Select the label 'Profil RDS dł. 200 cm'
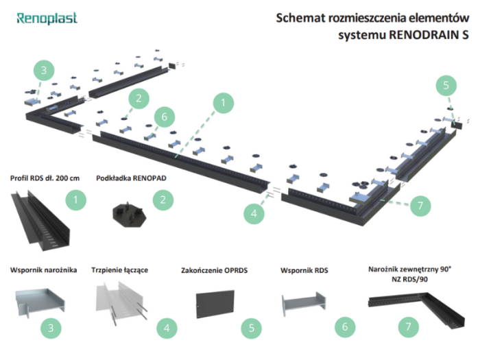click(x=45, y=178)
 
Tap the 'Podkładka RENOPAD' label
click(x=131, y=178)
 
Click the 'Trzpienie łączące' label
click(x=123, y=271)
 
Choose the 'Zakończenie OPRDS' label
click(x=213, y=271)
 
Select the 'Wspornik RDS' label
click(x=304, y=271)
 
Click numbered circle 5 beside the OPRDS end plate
click(x=252, y=328)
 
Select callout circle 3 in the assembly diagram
click(x=43, y=70)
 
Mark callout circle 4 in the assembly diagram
click(x=254, y=213)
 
